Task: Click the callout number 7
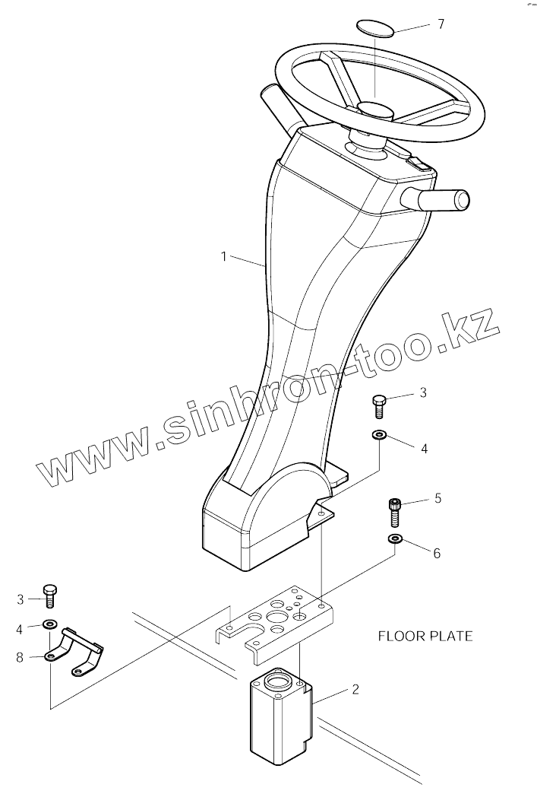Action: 441,24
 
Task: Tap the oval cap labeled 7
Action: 376,28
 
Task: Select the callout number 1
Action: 223,256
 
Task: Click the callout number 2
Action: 355,690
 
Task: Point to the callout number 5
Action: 437,499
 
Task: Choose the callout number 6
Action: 436,553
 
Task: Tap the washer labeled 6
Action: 394,539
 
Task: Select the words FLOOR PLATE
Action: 425,636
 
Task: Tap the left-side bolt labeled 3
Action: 50,594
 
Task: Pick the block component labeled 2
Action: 280,719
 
